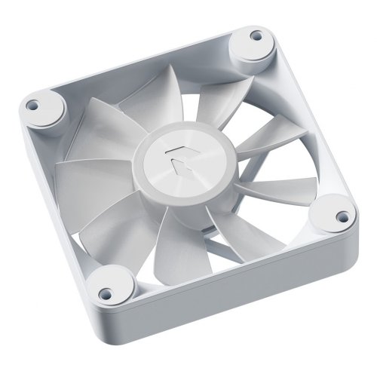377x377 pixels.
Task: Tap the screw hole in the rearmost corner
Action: point(256,35)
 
